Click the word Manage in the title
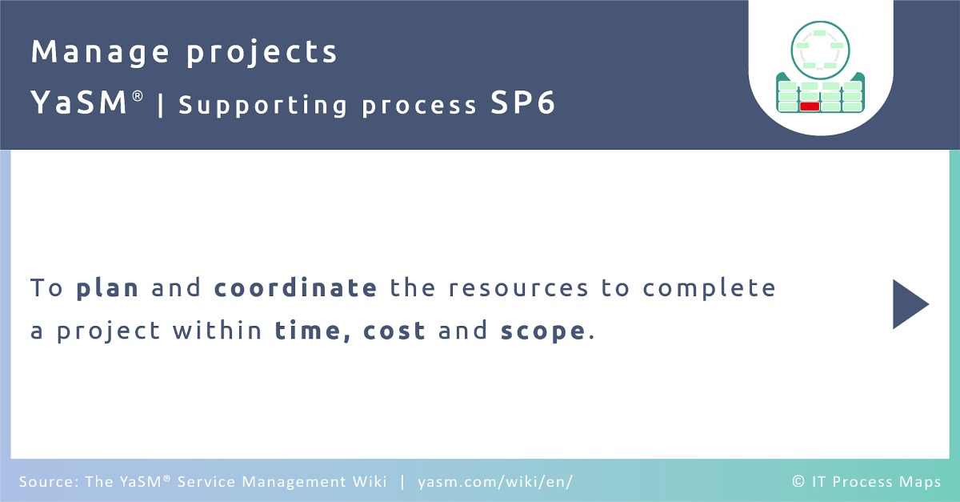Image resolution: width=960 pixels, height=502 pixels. (100, 52)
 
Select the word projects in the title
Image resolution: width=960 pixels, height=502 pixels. (262, 52)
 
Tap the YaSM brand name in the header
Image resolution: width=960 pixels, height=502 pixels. (79, 102)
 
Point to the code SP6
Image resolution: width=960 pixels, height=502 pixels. (522, 102)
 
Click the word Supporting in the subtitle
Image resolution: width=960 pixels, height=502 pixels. (262, 106)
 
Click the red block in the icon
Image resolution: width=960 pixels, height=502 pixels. (810, 106)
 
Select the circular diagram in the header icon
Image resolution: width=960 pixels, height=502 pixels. (820, 50)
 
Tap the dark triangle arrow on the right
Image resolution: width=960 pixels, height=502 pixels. (910, 304)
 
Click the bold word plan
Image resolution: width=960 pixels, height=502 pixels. (107, 288)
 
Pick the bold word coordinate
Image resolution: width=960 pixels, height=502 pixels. (295, 287)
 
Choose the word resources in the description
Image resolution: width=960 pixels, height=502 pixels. (518, 288)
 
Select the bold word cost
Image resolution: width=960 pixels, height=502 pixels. (394, 331)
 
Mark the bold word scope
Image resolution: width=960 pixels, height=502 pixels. (543, 332)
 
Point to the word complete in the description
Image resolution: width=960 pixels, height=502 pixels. (710, 288)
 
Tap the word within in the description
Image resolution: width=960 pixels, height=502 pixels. (218, 330)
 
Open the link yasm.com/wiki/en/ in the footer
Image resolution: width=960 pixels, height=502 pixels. (495, 482)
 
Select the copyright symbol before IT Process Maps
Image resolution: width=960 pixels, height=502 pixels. (798, 481)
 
